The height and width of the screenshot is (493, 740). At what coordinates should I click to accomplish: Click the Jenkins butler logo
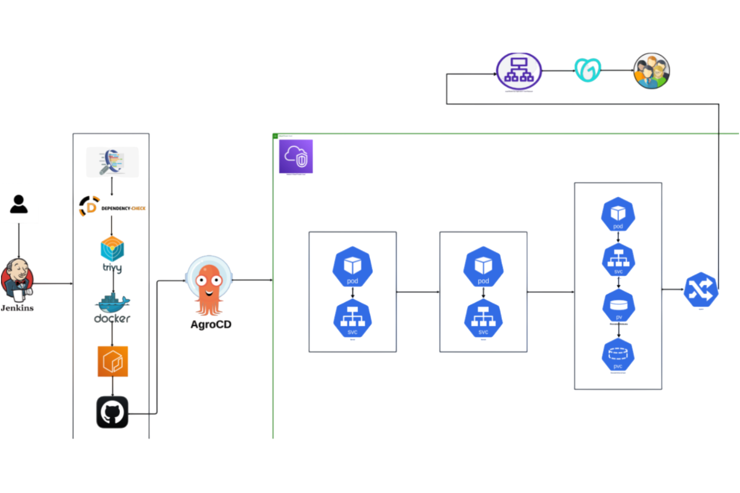(x=17, y=280)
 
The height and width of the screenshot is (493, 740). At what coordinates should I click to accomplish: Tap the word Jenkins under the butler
(x=17, y=308)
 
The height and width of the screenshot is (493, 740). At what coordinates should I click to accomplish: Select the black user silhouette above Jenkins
(x=19, y=204)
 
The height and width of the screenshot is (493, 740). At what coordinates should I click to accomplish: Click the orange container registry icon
(x=113, y=361)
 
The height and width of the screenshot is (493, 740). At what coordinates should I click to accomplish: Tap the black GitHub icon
(x=112, y=412)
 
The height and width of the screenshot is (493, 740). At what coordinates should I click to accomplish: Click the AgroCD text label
(x=211, y=324)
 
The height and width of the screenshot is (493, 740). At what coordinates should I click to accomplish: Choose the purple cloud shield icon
(x=296, y=156)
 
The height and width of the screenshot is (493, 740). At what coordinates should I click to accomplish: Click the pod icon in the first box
(x=353, y=267)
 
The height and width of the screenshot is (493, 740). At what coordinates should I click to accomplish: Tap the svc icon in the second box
(x=483, y=319)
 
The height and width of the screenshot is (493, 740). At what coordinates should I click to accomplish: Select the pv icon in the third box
(x=619, y=305)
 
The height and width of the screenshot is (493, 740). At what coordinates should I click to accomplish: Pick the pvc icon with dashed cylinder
(x=618, y=355)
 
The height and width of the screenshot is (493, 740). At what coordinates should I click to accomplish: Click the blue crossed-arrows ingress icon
(x=701, y=290)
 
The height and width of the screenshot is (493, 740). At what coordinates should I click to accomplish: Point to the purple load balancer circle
(x=519, y=71)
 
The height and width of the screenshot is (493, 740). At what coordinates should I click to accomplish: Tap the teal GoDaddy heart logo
(x=588, y=70)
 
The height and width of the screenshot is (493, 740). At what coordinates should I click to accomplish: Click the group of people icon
(x=651, y=71)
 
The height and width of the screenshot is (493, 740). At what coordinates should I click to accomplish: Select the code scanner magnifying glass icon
(x=112, y=162)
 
